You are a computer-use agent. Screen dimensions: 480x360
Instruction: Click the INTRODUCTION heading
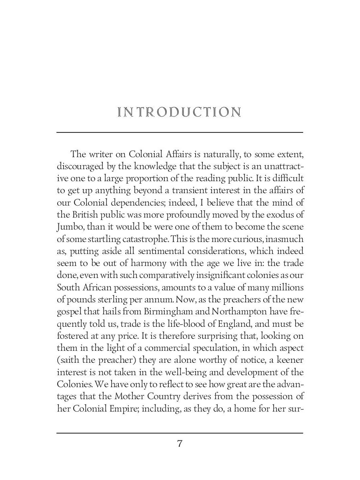point(180,112)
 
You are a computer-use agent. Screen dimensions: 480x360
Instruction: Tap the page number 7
point(180,444)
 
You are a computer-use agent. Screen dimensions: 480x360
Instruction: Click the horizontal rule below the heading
point(180,132)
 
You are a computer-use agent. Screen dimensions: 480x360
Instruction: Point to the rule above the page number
point(180,433)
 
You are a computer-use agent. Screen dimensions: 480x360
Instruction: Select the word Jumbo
point(69,227)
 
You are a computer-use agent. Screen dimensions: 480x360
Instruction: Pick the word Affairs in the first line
point(183,154)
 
